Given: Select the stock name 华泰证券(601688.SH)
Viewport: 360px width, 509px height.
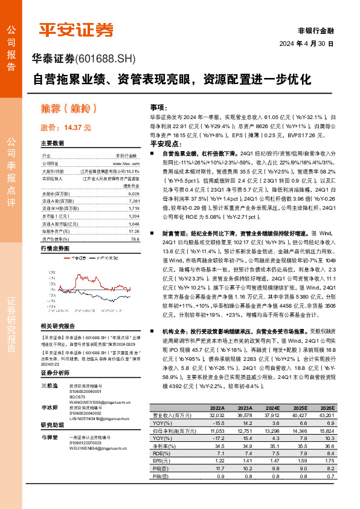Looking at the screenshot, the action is pos(84,59).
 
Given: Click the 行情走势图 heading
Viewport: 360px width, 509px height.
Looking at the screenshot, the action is pos(55,248).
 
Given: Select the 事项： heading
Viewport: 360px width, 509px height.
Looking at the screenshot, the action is pos(159,106).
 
